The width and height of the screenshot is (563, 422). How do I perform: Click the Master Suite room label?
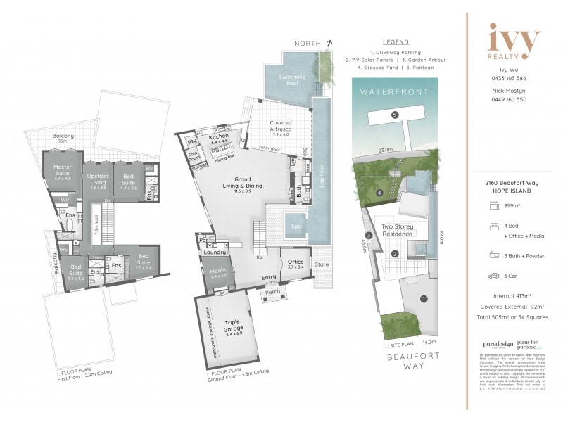pyautogui.click(x=68, y=170)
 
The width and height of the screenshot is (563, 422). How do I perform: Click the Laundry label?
pyautogui.click(x=215, y=251)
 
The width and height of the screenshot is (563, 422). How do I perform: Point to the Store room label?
pyautogui.click(x=322, y=265)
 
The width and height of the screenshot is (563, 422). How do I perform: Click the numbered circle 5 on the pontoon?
pyautogui.click(x=395, y=115)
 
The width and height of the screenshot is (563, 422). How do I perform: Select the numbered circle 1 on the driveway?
pyautogui.click(x=423, y=299)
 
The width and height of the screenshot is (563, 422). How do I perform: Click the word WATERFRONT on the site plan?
pyautogui.click(x=394, y=91)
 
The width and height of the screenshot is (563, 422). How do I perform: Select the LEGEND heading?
pyautogui.click(x=395, y=42)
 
